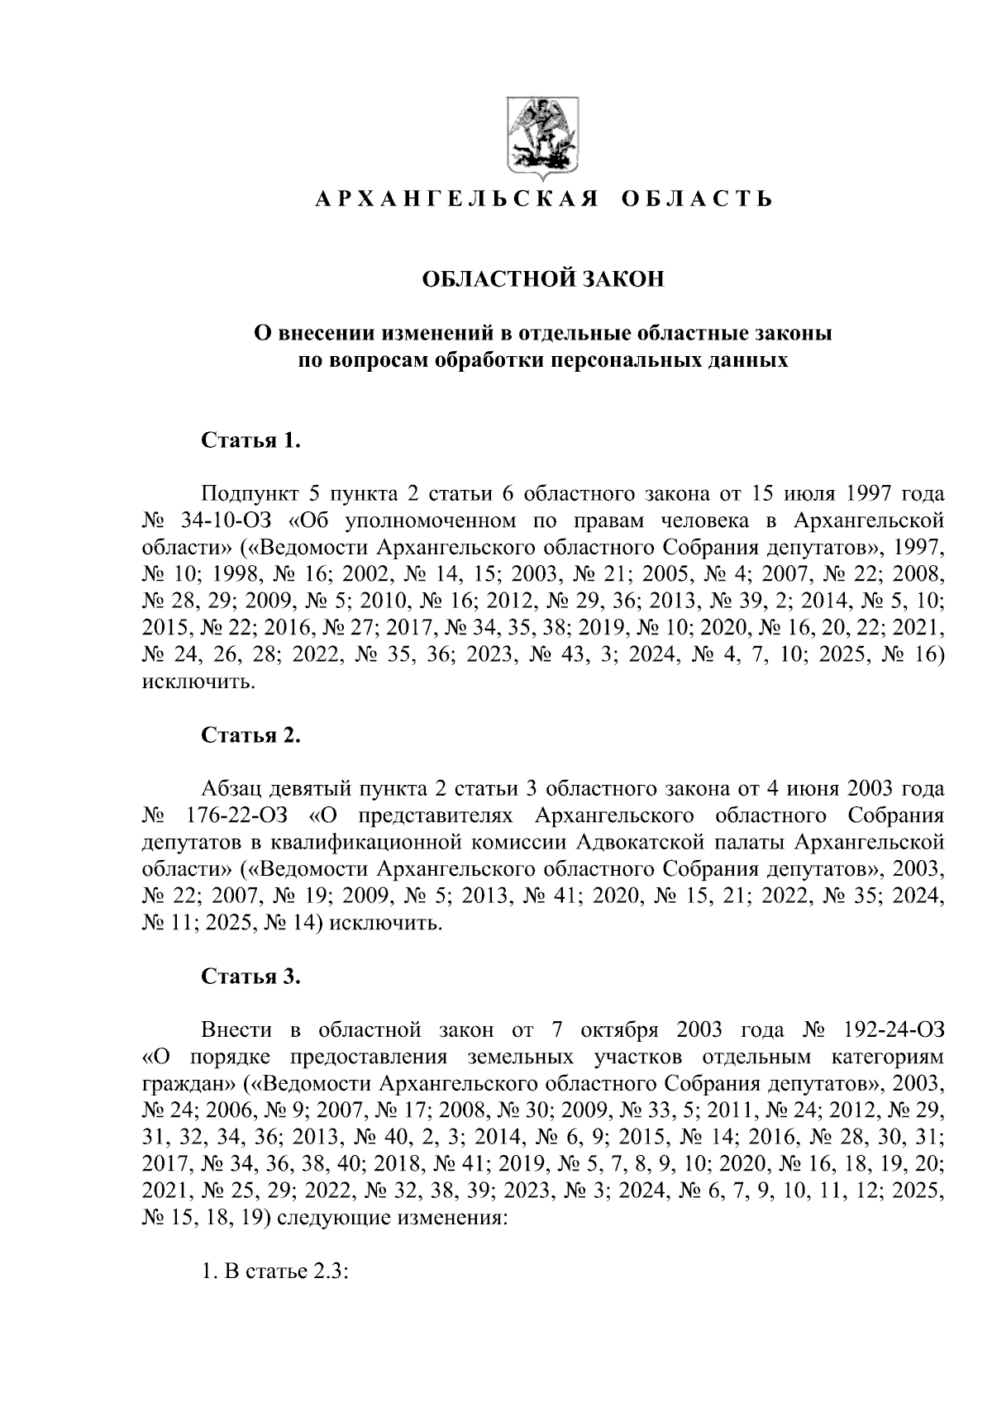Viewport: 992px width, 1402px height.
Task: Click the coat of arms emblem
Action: pos(542,139)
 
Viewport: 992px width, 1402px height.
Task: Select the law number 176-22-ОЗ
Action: pos(236,816)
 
